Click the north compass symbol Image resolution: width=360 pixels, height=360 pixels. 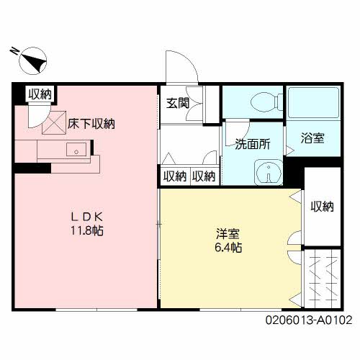(x=33, y=60)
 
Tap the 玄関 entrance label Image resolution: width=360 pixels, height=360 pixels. (x=178, y=103)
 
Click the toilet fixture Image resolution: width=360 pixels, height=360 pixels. (x=266, y=102)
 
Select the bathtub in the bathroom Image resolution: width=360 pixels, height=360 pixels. (x=313, y=102)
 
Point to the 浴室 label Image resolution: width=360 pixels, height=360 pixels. (x=312, y=138)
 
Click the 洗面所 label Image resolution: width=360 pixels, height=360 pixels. (x=253, y=144)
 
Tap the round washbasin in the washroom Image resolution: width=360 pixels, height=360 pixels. (x=269, y=172)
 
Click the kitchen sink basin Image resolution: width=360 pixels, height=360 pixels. (x=76, y=149)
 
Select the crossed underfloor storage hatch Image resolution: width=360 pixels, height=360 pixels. (x=54, y=122)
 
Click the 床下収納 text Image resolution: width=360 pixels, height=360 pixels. (x=91, y=124)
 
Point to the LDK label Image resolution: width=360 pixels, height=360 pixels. (x=87, y=217)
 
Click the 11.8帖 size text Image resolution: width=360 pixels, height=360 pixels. (x=87, y=231)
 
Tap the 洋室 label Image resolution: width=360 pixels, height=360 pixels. (x=228, y=234)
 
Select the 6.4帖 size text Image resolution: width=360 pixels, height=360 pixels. (x=228, y=248)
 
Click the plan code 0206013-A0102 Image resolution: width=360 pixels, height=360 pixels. (x=309, y=320)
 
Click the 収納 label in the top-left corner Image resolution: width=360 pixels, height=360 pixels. (x=40, y=94)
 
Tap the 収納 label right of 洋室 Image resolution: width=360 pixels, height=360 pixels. (x=323, y=207)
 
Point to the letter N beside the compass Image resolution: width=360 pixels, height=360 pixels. (x=14, y=51)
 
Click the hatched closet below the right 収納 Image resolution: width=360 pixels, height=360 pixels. (x=323, y=279)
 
